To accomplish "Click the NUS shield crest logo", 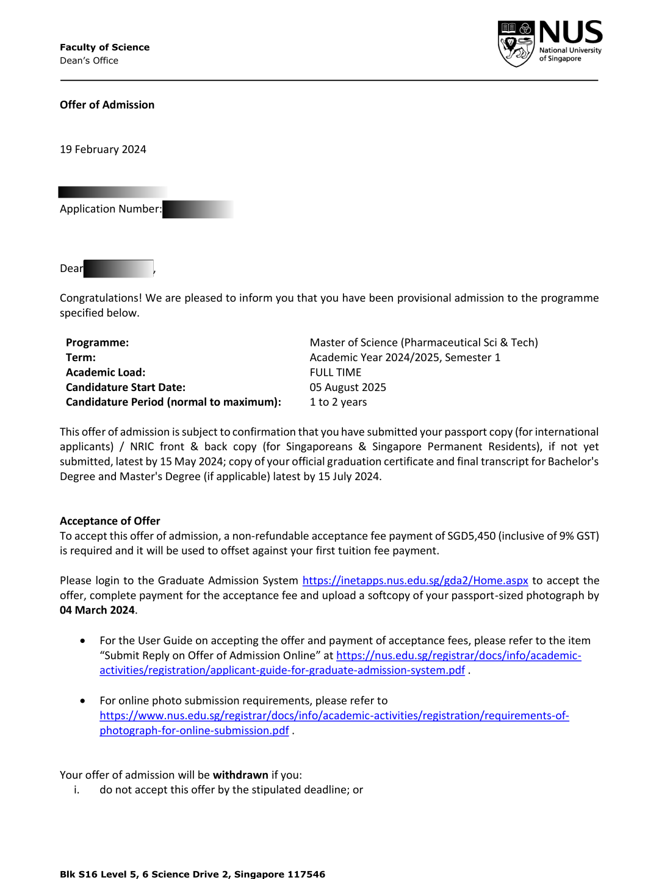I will (516, 44).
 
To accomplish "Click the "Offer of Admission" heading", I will (107, 105).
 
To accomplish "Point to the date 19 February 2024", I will (103, 149).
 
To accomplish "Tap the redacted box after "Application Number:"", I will (197, 209).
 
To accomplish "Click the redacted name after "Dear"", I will (118, 268).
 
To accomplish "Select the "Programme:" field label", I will (97, 343).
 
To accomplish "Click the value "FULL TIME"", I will (335, 373).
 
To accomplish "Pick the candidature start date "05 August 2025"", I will (348, 387).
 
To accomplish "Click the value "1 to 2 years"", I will (338, 403).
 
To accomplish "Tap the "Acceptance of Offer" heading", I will (110, 521).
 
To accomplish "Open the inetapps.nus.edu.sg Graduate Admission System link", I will (415, 581).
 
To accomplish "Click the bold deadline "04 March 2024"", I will (97, 611).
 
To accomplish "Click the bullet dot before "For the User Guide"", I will (82, 640).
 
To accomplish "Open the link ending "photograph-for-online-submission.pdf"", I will (194, 731).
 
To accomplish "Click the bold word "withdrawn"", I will (240, 775).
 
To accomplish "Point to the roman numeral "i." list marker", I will (76, 790).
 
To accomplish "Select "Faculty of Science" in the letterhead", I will (104, 48).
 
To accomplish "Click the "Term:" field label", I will (81, 357).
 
